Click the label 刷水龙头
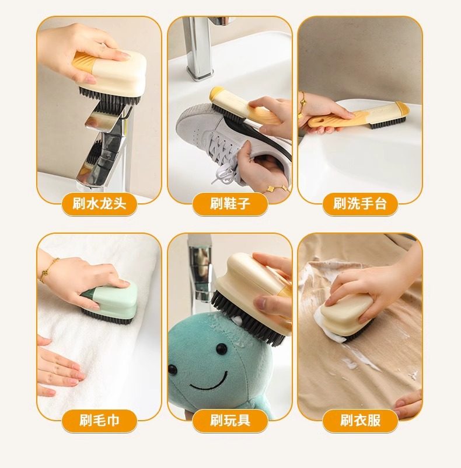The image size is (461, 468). pyautogui.click(x=99, y=204)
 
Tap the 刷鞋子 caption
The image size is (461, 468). pyautogui.click(x=230, y=204)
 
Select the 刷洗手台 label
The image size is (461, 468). pyautogui.click(x=360, y=204)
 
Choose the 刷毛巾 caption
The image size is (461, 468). pyautogui.click(x=99, y=421)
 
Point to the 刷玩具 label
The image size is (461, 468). pyautogui.click(x=230, y=421)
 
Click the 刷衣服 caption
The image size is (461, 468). pyautogui.click(x=360, y=421)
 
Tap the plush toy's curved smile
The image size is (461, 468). pyautogui.click(x=209, y=382)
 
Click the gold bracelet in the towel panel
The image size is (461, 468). pyautogui.click(x=48, y=271)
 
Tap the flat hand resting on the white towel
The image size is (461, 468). pyautogui.click(x=57, y=369)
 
